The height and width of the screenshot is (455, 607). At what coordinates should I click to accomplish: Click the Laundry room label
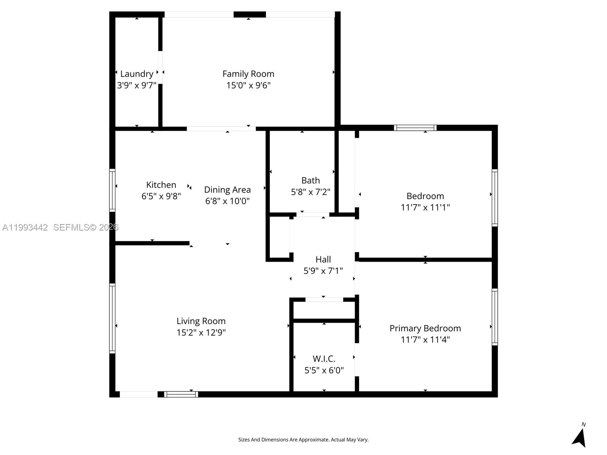[x=137, y=74]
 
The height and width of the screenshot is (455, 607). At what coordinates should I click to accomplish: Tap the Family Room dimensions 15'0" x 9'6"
[x=248, y=85]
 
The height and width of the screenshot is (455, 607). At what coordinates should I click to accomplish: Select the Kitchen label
[x=161, y=185]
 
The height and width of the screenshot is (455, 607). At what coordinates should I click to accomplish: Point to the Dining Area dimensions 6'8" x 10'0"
[x=227, y=201]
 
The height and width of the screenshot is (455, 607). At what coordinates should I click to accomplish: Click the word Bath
[x=310, y=180]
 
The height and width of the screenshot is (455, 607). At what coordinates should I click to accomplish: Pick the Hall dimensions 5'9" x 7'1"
[x=323, y=271]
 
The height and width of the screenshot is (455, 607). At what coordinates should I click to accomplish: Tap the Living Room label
[x=201, y=321]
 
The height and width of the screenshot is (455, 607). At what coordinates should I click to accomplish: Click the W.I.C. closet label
[x=324, y=359]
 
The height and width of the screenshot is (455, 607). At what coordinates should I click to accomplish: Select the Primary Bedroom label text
[x=425, y=328]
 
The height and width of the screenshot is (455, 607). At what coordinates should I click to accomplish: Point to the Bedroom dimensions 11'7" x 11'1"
[x=425, y=207]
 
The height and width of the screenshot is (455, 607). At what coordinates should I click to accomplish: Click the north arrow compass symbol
[x=579, y=437]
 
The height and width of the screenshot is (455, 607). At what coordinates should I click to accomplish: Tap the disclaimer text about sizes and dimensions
[x=303, y=440]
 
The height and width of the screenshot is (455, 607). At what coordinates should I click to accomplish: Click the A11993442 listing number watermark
[x=25, y=227]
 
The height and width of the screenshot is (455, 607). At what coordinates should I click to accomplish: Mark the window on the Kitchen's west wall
[x=112, y=190]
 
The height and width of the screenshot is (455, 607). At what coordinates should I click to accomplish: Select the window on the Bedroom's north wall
[x=415, y=128]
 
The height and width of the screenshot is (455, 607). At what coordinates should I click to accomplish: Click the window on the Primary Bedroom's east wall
[x=495, y=317]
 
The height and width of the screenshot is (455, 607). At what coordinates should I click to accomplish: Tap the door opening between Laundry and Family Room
[x=160, y=67]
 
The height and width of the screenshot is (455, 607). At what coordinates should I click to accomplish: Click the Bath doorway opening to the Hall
[x=312, y=215]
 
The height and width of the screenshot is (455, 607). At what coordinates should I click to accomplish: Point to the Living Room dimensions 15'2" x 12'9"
[x=201, y=333]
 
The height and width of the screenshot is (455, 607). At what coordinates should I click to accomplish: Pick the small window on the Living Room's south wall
[x=181, y=394]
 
